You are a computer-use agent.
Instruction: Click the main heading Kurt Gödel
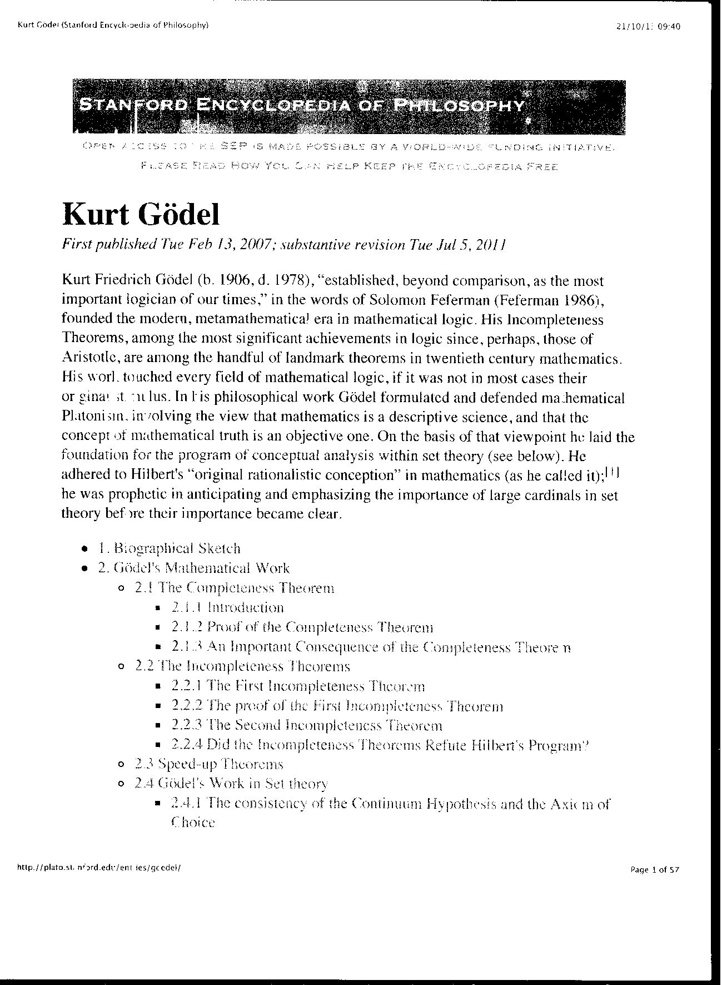click(141, 214)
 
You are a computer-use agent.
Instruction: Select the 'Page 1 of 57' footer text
click(654, 870)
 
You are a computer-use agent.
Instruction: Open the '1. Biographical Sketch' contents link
click(169, 548)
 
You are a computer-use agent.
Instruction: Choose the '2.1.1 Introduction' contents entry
click(227, 607)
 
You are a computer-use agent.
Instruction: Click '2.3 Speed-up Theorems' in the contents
click(209, 764)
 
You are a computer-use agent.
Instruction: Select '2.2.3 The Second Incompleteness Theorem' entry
click(307, 725)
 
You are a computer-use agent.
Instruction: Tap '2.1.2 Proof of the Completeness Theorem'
click(302, 627)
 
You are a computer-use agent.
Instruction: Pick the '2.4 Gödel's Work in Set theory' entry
click(231, 784)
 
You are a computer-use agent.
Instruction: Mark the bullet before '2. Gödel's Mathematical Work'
click(84, 568)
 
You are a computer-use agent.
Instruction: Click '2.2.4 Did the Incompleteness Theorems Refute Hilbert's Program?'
click(380, 745)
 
